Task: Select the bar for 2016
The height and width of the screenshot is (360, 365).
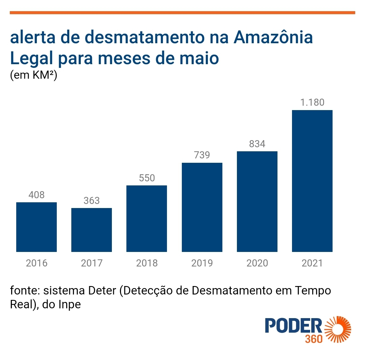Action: (x=36, y=227)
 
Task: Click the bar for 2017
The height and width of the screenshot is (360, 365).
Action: (x=92, y=230)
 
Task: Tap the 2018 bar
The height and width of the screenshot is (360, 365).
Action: (x=147, y=218)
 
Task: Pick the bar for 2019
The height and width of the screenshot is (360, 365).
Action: (x=202, y=207)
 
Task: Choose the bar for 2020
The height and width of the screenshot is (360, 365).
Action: (x=257, y=201)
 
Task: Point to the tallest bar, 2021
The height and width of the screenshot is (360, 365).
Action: (x=312, y=181)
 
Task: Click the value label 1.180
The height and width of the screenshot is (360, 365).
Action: (x=312, y=102)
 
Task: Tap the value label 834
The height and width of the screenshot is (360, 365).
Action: (x=257, y=144)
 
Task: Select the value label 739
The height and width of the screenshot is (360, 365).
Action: (x=202, y=155)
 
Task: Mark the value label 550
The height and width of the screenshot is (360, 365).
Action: (x=147, y=178)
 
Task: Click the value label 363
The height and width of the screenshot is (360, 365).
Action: (x=92, y=201)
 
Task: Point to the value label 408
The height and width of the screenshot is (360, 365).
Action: (x=36, y=195)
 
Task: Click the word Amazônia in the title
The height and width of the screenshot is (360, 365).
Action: (x=273, y=38)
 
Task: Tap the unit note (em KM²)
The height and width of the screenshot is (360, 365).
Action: (x=33, y=75)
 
